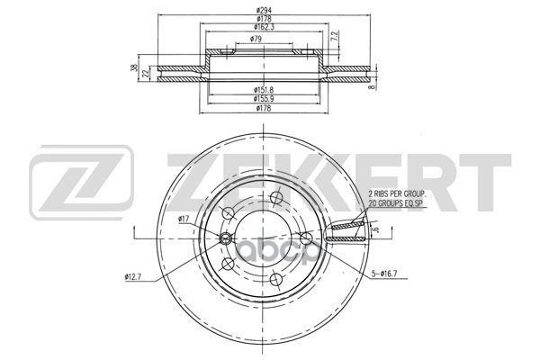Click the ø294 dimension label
pos(264,10)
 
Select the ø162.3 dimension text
pos(264,27)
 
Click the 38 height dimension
pos(133,67)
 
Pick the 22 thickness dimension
pos(146,74)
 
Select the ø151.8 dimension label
pos(264,90)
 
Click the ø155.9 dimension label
pos(264,99)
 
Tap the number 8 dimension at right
pos(371,87)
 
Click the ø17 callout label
pos(184,219)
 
